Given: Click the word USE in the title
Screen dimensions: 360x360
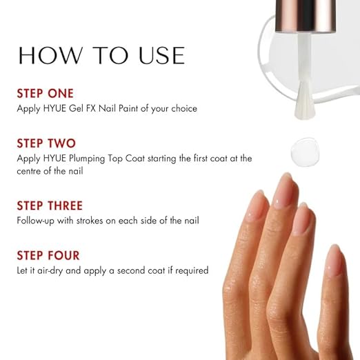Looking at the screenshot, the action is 161,55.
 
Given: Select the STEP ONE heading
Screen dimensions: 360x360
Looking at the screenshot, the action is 46,94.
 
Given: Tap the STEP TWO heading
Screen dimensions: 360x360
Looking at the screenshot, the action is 46,143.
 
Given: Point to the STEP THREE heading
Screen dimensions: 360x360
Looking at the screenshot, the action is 50,206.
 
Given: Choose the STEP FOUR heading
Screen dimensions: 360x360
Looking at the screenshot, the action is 48,255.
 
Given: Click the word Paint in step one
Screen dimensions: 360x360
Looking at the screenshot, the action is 128,108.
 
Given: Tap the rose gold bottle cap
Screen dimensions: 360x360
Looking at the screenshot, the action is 306,15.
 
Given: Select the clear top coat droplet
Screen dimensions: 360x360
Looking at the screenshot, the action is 305,152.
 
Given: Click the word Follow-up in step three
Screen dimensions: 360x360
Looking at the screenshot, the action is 36,221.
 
